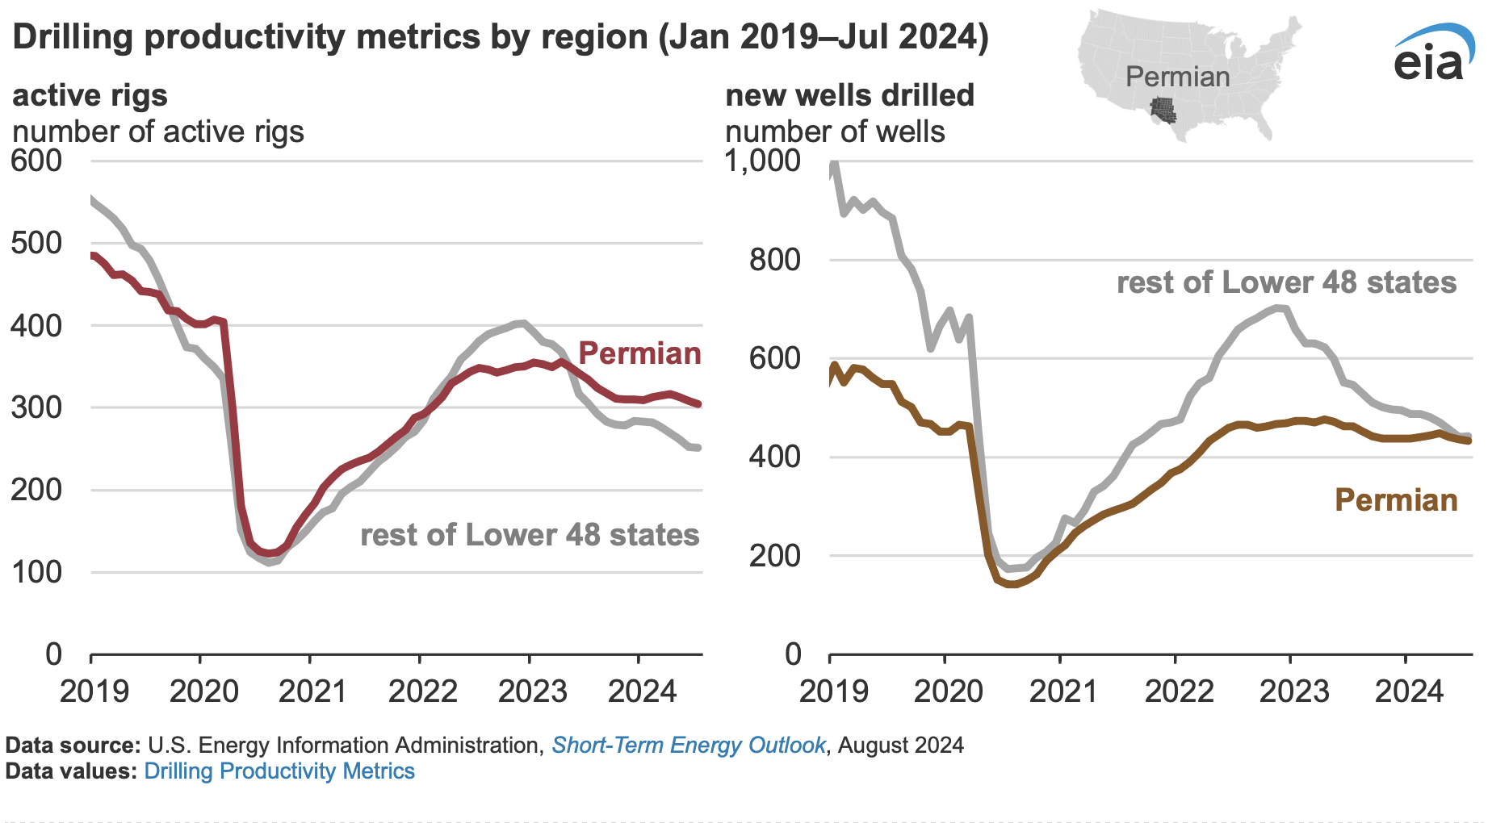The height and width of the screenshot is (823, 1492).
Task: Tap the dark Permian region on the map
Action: tap(1163, 110)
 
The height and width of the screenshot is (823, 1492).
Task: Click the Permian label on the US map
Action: tap(1177, 77)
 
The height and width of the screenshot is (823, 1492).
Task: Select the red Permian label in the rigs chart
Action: tap(639, 353)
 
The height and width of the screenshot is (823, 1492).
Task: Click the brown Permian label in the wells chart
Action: tap(1396, 500)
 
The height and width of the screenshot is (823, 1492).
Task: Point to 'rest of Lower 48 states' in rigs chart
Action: tap(530, 535)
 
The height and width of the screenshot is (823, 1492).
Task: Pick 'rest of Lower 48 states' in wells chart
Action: tap(1286, 282)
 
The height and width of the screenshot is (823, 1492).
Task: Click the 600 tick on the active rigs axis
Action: tap(36, 161)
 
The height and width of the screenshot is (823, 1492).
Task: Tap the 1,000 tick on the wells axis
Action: tap(763, 161)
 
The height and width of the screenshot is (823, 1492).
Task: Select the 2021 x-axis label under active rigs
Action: tap(313, 691)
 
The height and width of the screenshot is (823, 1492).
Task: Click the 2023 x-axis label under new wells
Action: tap(1294, 691)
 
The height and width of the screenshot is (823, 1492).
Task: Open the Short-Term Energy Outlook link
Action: tap(688, 745)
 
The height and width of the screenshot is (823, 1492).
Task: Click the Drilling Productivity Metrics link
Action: tap(279, 771)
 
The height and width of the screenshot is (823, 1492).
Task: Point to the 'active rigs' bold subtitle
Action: tap(90, 95)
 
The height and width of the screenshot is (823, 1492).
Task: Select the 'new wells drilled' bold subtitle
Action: tap(849, 95)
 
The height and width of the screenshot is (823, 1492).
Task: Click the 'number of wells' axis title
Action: tap(835, 132)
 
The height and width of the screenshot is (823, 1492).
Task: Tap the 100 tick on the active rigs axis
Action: tap(36, 572)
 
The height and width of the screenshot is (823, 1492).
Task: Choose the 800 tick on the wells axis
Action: tap(775, 260)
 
